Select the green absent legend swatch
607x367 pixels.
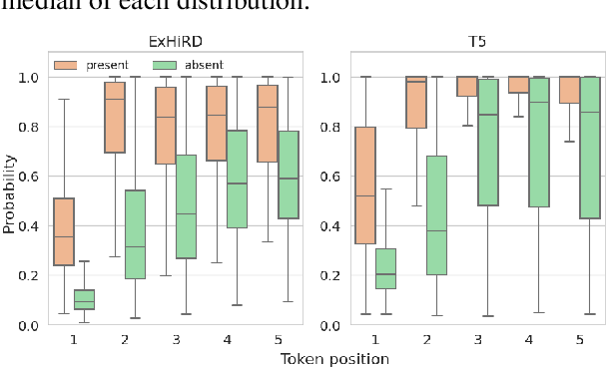point(169,65)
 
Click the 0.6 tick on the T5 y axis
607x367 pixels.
point(313,177)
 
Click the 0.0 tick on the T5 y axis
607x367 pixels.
point(313,325)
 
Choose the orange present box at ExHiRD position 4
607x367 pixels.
point(216,123)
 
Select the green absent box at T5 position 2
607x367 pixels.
point(436,214)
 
